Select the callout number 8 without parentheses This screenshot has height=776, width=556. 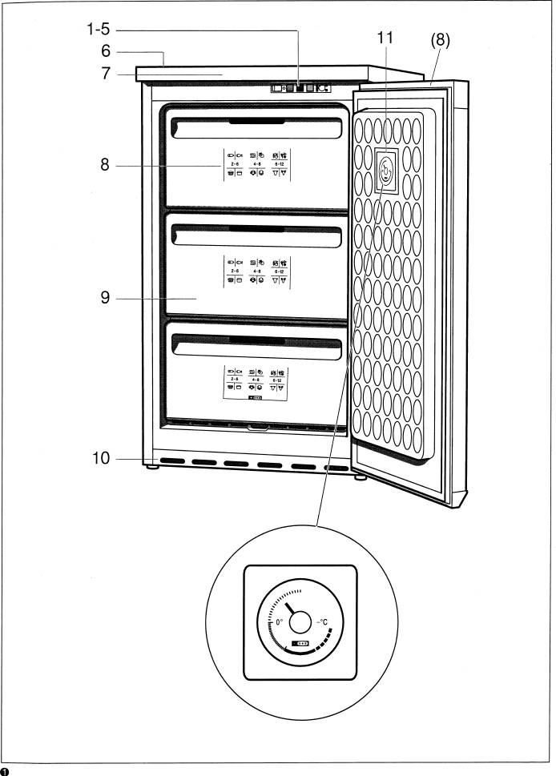[x=105, y=166]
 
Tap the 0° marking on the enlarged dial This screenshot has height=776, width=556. [x=280, y=621]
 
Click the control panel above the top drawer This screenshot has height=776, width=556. [x=300, y=89]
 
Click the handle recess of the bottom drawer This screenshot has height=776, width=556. [x=257, y=345]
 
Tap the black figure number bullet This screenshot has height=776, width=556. [x=6, y=770]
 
